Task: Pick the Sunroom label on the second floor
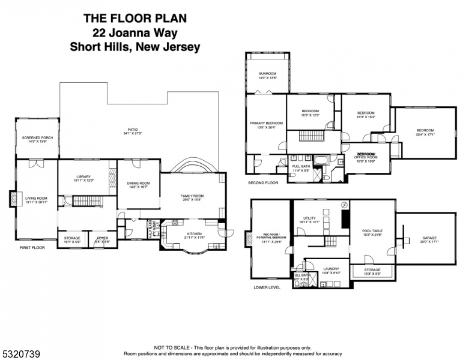[x=267, y=74]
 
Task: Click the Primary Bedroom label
[x=266, y=124]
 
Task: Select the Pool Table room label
[x=373, y=232]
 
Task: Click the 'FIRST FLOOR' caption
[x=32, y=247]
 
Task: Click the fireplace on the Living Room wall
[x=12, y=199]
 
